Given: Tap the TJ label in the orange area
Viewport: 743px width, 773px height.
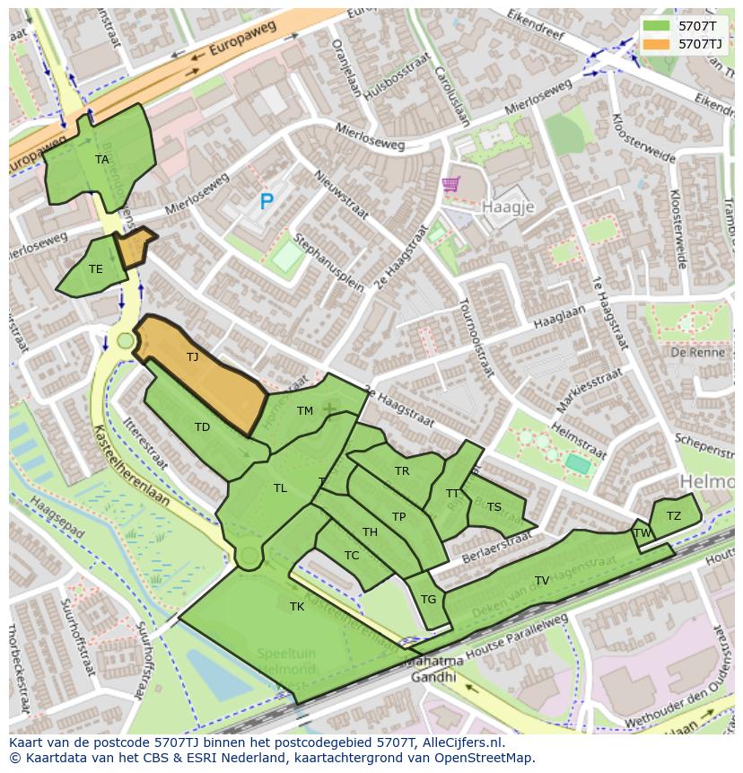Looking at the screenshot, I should [192, 357].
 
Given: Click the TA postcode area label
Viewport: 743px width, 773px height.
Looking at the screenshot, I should [102, 160].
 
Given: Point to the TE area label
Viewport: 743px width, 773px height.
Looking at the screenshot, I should [96, 268].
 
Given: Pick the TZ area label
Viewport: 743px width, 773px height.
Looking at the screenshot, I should [674, 515].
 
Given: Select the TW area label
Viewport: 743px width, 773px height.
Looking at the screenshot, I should [642, 532].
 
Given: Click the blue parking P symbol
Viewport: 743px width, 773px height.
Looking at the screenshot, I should [266, 202].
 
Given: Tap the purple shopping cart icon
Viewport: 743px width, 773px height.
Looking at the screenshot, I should [450, 185].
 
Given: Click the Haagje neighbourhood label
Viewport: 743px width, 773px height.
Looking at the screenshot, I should [508, 206].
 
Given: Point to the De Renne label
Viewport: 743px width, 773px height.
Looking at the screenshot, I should [691, 352].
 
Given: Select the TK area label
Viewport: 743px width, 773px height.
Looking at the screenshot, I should [297, 607].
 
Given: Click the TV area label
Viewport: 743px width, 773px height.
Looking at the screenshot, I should [542, 581].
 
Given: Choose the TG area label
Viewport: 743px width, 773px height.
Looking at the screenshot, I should [428, 600].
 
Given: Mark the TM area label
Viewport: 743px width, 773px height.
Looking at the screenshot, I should [305, 411].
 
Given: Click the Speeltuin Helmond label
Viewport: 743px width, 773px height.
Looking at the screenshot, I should [286, 663].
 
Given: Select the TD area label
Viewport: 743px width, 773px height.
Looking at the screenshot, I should [203, 427].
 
